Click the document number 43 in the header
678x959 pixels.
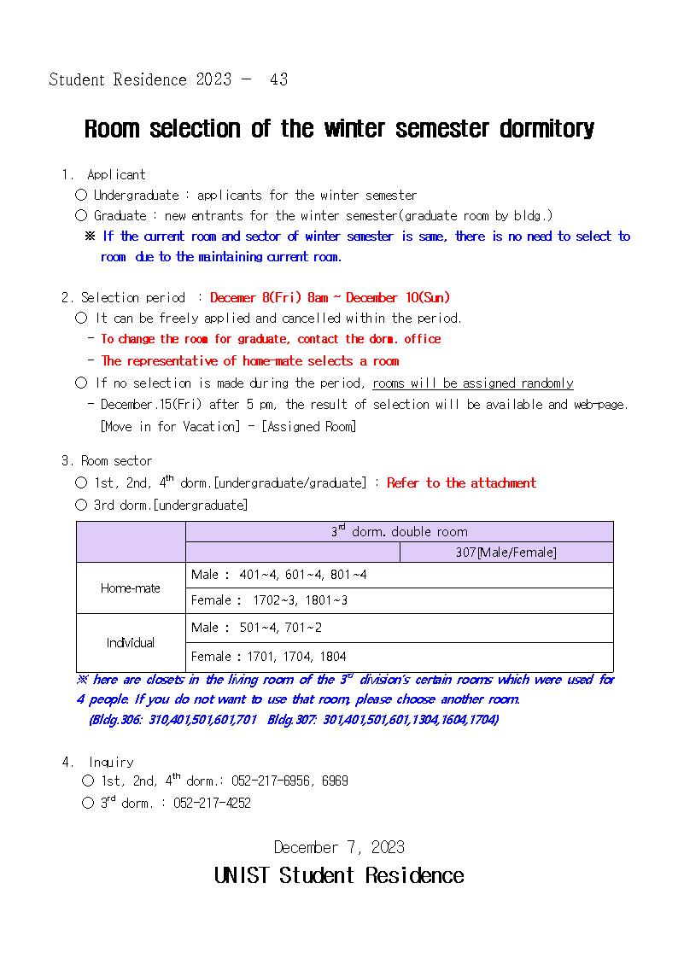(278, 79)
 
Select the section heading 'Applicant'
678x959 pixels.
(116, 174)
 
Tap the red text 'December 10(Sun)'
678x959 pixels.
(398, 298)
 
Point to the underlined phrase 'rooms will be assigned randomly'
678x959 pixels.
(473, 383)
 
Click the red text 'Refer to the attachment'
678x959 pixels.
(461, 483)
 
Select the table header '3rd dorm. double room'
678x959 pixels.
(399, 531)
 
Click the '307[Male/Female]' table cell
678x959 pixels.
(506, 553)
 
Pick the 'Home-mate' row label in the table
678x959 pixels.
(131, 588)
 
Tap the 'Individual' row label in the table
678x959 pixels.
(131, 642)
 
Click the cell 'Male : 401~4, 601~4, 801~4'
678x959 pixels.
(279, 575)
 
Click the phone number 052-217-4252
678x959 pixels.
(212, 804)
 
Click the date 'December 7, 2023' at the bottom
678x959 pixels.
(339, 848)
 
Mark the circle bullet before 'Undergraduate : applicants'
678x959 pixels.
(81, 195)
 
